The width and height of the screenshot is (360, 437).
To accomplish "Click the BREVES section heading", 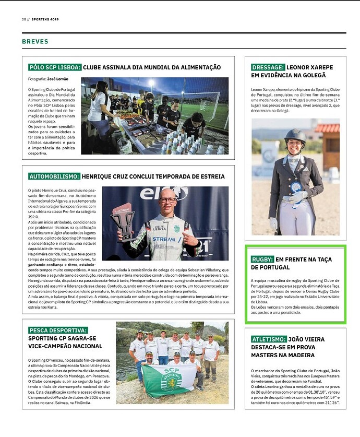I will (35, 41).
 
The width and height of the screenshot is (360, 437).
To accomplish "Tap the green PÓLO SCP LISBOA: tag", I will (55, 67).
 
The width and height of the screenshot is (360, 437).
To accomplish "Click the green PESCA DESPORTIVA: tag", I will (58, 330).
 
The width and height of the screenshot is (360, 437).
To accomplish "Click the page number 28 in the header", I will (24, 19).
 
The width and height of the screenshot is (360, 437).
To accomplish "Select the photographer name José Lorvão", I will (58, 79).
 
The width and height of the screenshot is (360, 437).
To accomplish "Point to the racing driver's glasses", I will (168, 200).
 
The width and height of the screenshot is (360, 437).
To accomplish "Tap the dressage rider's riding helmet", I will (295, 137).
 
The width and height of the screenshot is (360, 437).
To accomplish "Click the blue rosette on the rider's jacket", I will (296, 187).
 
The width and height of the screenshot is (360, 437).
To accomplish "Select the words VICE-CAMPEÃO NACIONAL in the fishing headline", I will (66, 346).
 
